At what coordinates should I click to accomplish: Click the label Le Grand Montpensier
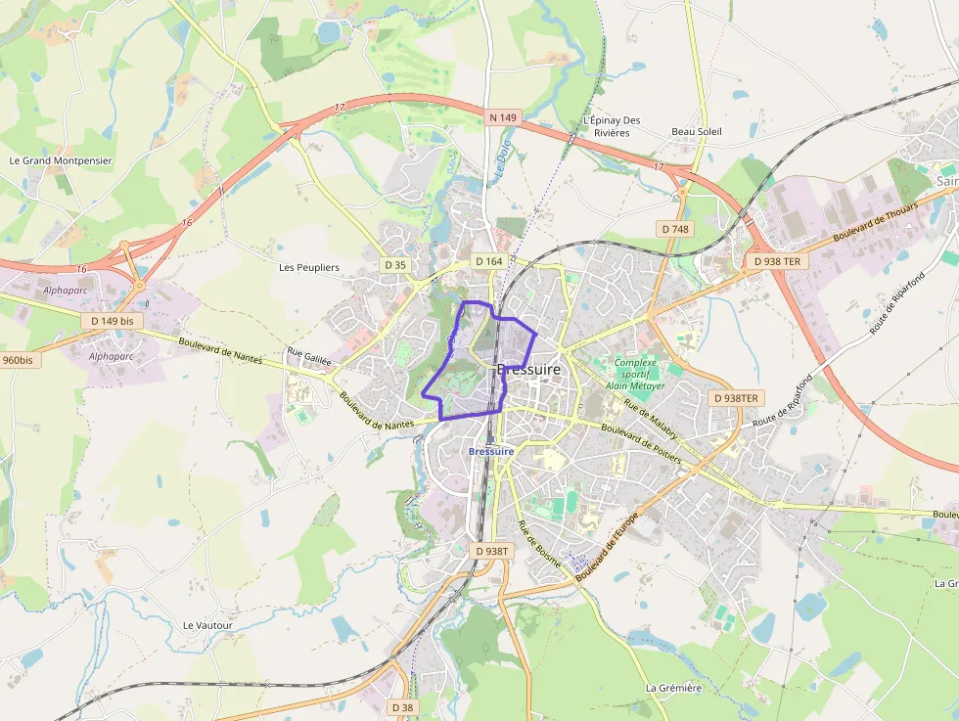point(61,160)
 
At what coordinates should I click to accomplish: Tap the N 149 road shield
point(502,117)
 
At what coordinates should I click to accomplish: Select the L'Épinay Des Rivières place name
point(612,126)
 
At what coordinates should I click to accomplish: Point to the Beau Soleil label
point(697,131)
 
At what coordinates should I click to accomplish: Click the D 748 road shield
point(675,229)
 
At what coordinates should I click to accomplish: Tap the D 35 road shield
point(395,264)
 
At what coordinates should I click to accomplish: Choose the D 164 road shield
point(488,261)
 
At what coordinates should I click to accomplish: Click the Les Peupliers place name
point(309,267)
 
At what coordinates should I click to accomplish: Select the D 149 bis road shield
point(113,320)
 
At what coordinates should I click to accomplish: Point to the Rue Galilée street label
point(309,355)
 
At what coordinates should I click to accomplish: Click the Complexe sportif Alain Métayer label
point(635,374)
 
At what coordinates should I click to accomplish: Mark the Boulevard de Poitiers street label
point(641,442)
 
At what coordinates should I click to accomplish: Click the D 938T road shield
point(492,551)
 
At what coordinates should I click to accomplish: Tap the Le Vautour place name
point(208,625)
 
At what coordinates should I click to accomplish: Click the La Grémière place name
point(674,688)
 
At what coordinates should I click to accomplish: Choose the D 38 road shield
point(402,706)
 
